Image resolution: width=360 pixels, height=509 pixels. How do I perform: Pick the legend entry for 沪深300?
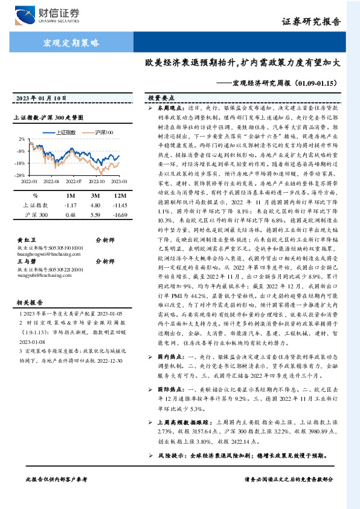point(103,132)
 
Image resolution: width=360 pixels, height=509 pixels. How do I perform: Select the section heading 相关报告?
point(27,300)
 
